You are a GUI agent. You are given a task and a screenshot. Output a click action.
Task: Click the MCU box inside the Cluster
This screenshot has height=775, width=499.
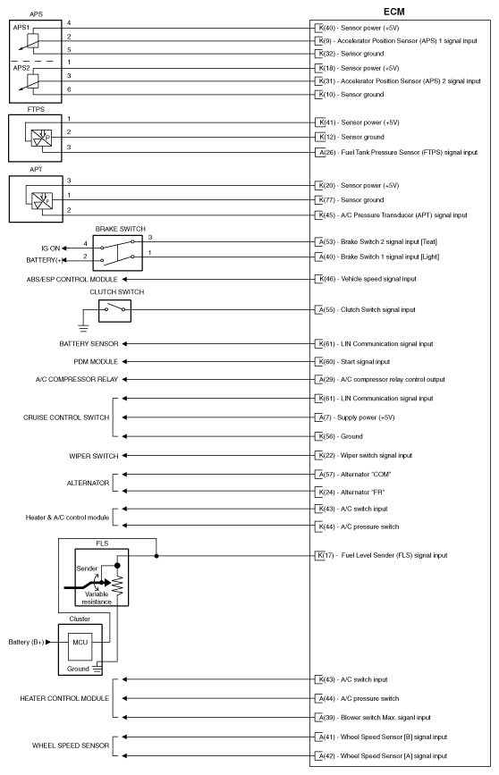click(80, 642)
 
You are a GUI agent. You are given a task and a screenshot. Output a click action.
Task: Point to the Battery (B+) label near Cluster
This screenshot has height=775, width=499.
click(28, 642)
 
